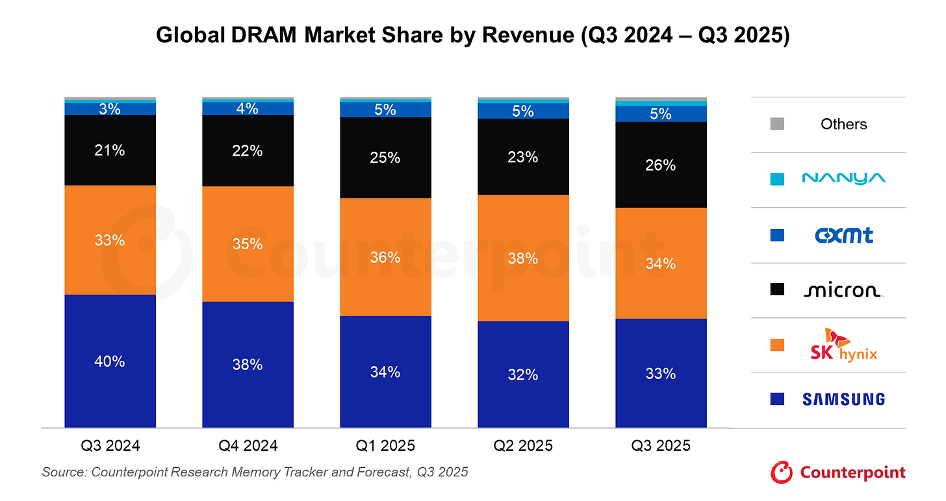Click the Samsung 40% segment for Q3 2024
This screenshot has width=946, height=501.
tap(110, 361)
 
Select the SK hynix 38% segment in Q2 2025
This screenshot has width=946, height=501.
tap(523, 258)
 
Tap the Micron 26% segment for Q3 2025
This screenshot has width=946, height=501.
tap(661, 165)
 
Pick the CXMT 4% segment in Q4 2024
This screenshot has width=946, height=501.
tap(248, 108)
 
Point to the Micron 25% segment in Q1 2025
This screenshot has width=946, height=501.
tap(385, 158)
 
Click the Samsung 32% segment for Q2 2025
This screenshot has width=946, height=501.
tap(523, 374)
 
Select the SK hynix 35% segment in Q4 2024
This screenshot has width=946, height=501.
tap(248, 244)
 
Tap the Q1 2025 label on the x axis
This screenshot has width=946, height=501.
tap(385, 446)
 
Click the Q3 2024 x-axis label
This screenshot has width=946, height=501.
tap(110, 446)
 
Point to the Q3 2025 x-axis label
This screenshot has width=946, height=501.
tap(661, 446)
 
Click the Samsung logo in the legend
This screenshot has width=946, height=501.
tap(843, 399)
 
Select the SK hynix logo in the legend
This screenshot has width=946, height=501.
tap(843, 345)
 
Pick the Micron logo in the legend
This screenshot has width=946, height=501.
tap(843, 290)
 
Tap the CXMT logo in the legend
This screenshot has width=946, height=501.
tap(843, 235)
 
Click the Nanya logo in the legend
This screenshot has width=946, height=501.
tap(843, 178)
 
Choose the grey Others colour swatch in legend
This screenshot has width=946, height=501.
tap(776, 124)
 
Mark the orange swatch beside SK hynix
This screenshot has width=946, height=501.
tap(776, 345)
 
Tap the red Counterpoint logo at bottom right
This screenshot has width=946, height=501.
tap(837, 472)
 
